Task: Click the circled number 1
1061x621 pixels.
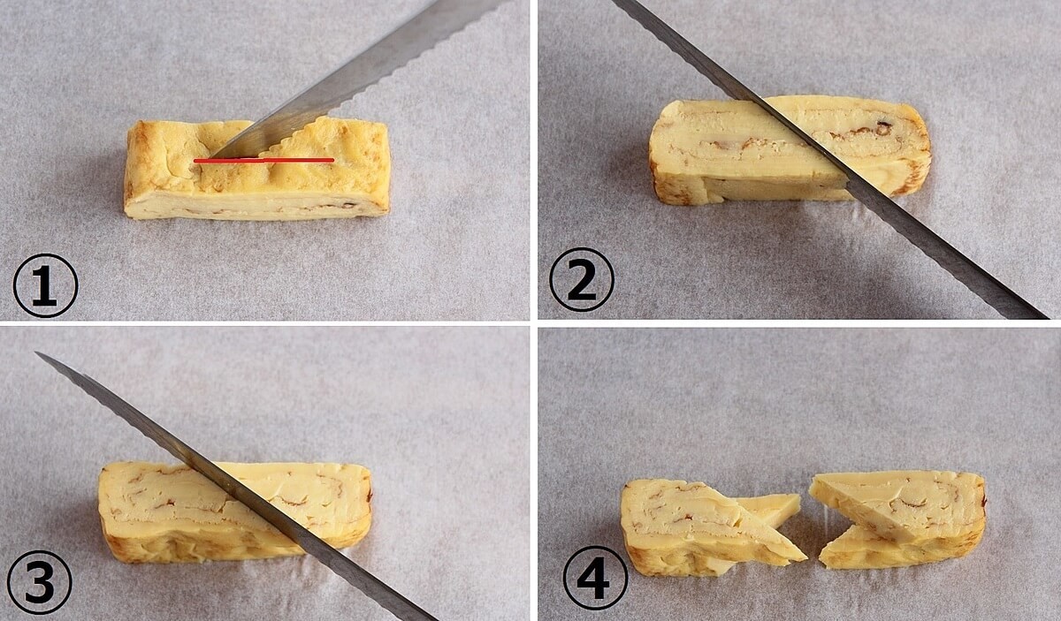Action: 45,285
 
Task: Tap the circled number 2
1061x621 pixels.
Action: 582,280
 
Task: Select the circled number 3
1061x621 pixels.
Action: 39,581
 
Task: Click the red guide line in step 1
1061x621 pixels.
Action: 263,161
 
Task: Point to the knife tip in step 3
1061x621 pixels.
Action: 37,353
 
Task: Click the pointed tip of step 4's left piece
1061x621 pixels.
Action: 805,559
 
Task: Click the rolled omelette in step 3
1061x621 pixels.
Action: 235,512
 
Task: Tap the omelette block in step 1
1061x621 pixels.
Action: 256,170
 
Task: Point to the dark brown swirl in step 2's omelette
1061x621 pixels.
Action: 882,127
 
